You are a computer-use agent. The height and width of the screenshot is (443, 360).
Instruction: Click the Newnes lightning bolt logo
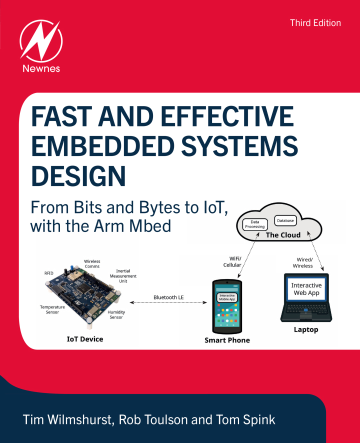pos(40,40)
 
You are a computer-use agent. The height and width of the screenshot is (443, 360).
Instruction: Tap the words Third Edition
pos(315,23)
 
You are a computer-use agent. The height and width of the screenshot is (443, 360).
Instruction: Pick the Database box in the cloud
pos(285,220)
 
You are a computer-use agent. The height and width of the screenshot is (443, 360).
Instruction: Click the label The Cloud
pos(283,234)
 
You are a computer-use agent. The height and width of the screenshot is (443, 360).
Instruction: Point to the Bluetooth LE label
pos(168,297)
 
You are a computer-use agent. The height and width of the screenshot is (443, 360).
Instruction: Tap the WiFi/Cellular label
pos(232,261)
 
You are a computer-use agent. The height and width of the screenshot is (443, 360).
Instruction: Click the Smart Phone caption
pos(227,340)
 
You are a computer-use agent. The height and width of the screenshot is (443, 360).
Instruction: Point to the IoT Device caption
pos(85,339)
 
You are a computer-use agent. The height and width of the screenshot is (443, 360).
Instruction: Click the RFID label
pos(49,273)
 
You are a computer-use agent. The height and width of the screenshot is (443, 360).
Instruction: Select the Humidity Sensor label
pos(116,314)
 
